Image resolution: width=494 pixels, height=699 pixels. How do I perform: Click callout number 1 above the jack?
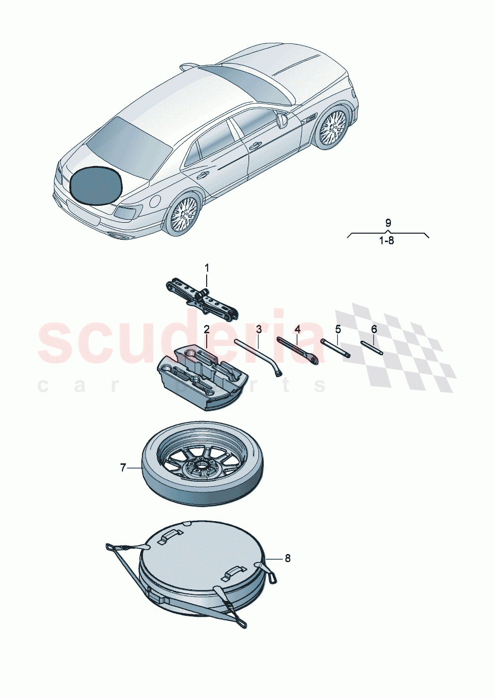click(207, 268)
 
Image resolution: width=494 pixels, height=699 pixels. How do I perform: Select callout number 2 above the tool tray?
click(206, 329)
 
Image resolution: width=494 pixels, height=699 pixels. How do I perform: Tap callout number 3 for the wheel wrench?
click(259, 329)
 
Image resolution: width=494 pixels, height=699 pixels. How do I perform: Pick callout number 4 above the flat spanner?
click(297, 329)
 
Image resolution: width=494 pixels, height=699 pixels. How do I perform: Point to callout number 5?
click(338, 329)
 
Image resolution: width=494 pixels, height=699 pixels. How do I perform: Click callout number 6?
click(374, 329)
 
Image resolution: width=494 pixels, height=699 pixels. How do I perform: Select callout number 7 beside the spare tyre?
click(123, 468)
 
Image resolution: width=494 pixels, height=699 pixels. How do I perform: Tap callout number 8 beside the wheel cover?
click(287, 558)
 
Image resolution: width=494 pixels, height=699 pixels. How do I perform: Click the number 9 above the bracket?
click(388, 223)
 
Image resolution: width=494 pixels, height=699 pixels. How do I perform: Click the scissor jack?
click(202, 298)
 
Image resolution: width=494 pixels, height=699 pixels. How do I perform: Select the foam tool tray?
click(199, 379)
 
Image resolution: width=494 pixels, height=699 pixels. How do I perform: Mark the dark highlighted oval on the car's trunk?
click(96, 186)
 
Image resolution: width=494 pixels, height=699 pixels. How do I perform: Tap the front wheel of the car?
click(332, 127)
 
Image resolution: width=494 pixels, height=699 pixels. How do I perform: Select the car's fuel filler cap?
click(155, 201)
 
